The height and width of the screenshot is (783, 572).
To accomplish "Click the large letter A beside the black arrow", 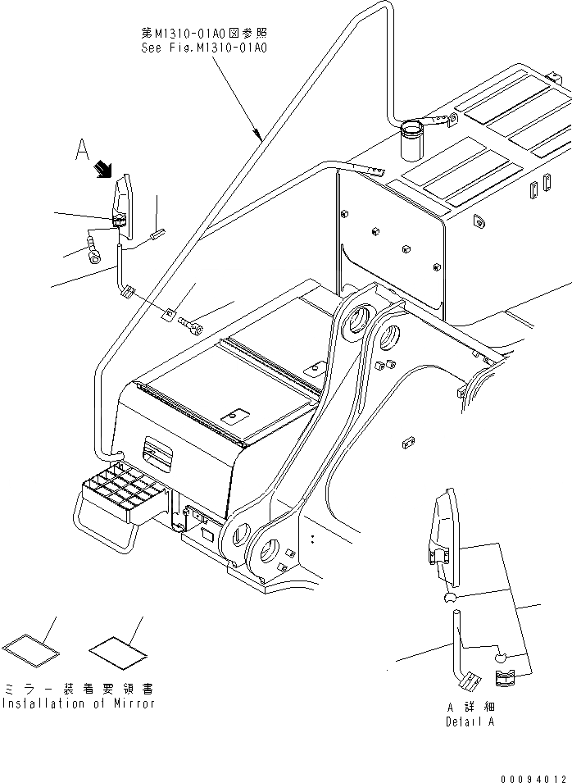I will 81,149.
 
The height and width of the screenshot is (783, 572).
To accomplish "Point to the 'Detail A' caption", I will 470,722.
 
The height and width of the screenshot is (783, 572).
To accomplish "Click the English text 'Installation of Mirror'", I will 78,703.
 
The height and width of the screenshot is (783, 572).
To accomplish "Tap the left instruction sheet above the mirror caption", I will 31,645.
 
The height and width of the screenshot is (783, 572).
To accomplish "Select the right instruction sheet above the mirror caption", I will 118,650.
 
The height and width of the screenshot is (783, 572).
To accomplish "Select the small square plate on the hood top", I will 235,416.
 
